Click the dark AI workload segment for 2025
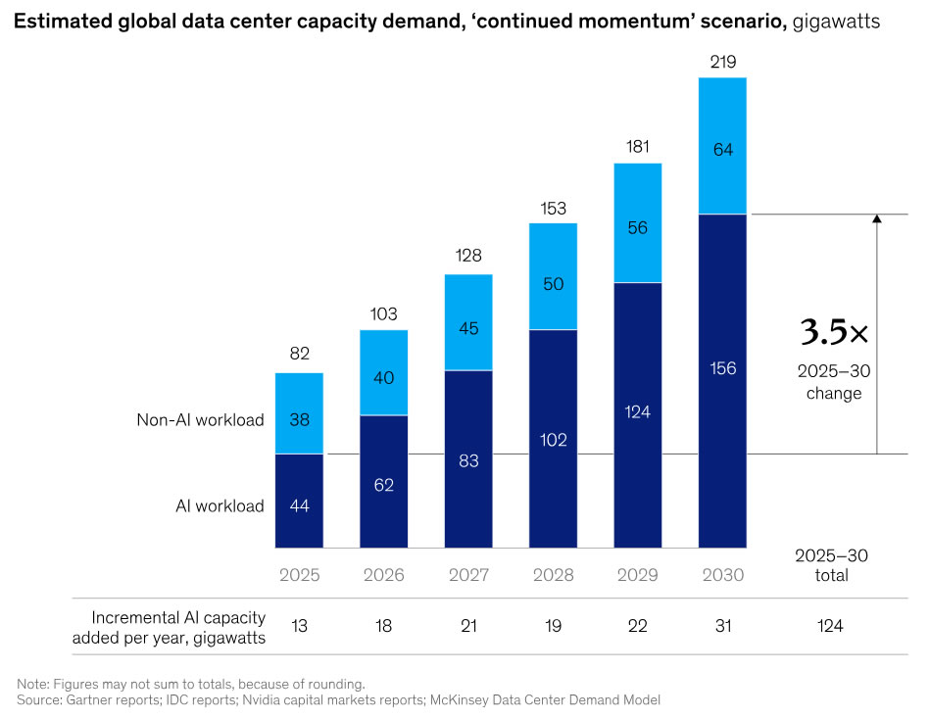point(299,501)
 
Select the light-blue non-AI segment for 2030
point(722,146)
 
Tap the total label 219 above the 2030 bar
point(722,63)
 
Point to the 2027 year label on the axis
point(468,575)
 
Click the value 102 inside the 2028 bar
point(553,439)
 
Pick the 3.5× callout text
point(834,333)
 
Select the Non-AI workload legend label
point(200,420)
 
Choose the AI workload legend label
point(220,506)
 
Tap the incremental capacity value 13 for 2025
point(299,626)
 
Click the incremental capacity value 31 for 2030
point(722,626)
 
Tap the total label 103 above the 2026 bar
point(383,314)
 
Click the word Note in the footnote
point(33,683)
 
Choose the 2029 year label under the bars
point(638,575)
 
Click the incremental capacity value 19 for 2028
point(553,626)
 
